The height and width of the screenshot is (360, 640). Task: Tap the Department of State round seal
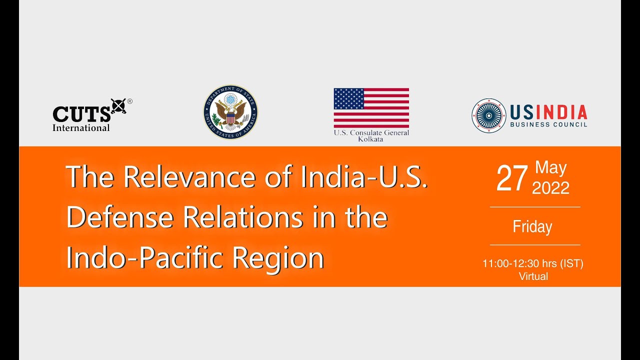230,111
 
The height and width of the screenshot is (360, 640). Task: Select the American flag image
371,108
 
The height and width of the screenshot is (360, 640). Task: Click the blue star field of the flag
349,98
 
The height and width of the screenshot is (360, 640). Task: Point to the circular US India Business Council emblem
488,115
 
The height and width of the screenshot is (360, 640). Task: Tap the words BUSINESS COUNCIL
548,124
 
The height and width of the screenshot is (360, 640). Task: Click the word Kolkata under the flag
371,139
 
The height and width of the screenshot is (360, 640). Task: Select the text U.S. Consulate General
371,132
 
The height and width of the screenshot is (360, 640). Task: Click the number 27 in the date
512,179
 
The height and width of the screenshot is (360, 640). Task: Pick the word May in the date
550,168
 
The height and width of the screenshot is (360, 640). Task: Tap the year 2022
550,188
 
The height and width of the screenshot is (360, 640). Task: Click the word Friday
532,227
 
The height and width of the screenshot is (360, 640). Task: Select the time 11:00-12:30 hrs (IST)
532,263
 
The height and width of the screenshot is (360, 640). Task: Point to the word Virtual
533,276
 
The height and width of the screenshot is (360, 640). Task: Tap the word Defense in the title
120,217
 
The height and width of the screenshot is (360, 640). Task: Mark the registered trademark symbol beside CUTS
129,101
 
